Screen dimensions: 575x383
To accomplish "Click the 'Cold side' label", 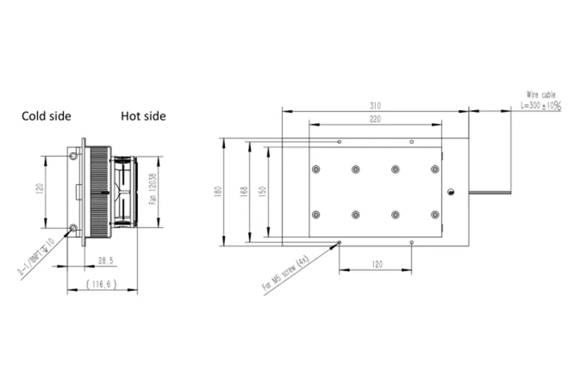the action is (46, 116).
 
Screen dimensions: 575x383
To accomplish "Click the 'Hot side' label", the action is (143, 116).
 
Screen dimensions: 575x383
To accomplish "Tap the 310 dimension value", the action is (375, 106).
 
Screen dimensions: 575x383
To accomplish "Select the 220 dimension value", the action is (375, 119).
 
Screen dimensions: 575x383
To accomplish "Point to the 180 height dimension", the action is (218, 191).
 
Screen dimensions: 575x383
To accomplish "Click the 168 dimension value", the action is (244, 191).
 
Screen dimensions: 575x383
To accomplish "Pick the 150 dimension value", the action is (262, 191).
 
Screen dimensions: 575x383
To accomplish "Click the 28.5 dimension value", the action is (106, 261).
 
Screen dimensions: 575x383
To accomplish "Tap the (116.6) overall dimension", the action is (101, 284).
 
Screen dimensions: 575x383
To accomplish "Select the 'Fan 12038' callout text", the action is (153, 189).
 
